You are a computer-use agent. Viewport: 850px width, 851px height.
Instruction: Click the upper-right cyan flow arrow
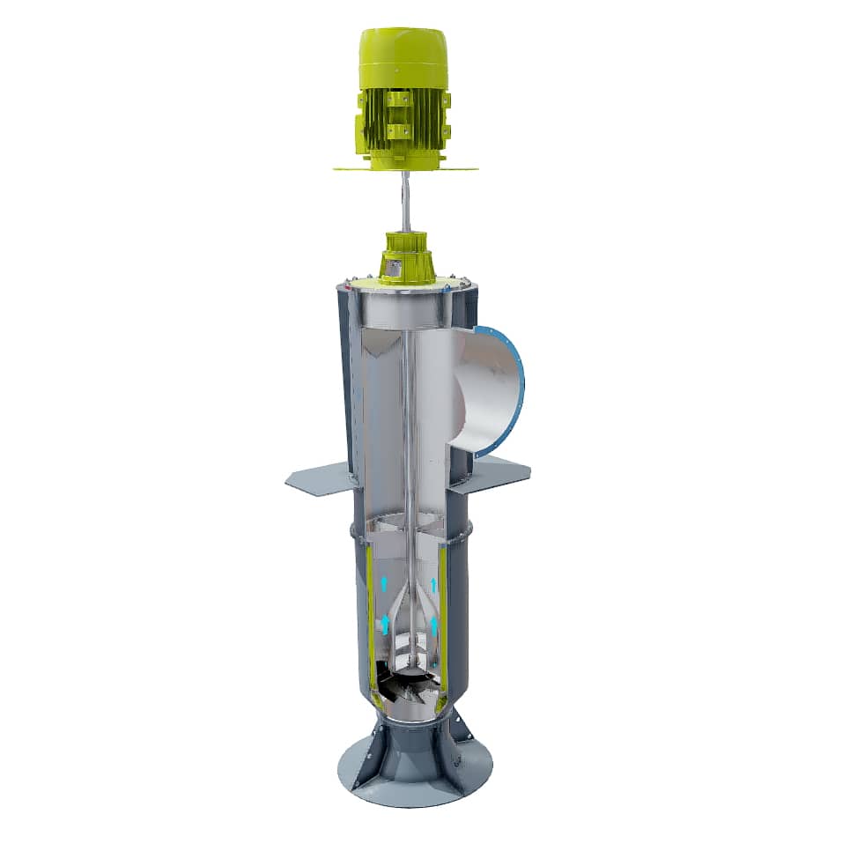(x=433, y=585)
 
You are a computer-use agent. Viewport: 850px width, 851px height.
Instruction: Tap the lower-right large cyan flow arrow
(x=433, y=626)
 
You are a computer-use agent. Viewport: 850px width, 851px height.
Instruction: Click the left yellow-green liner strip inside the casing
(x=369, y=617)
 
